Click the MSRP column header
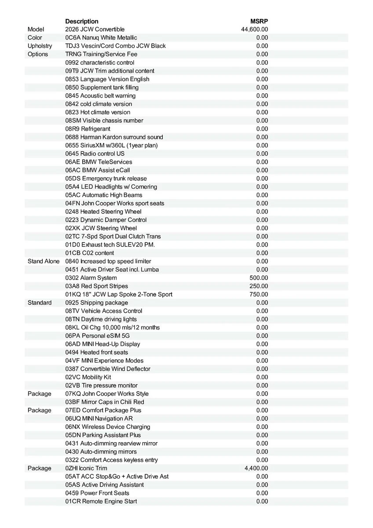(x=259, y=21)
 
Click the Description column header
(x=82, y=21)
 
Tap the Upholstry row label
(x=40, y=46)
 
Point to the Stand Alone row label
(x=43, y=261)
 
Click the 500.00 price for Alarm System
(x=259, y=278)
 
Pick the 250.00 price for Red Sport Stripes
(x=259, y=286)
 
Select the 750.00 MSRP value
(x=259, y=294)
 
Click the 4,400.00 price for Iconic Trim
(x=256, y=468)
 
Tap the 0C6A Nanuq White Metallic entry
(x=101, y=38)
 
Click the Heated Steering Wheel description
(x=103, y=212)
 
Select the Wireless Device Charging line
(x=108, y=427)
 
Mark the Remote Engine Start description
(x=101, y=501)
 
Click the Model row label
(x=36, y=29)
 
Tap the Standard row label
(x=40, y=303)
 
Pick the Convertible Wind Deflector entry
(x=108, y=369)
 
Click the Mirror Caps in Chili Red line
(x=105, y=402)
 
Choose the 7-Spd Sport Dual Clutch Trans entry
(x=113, y=236)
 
